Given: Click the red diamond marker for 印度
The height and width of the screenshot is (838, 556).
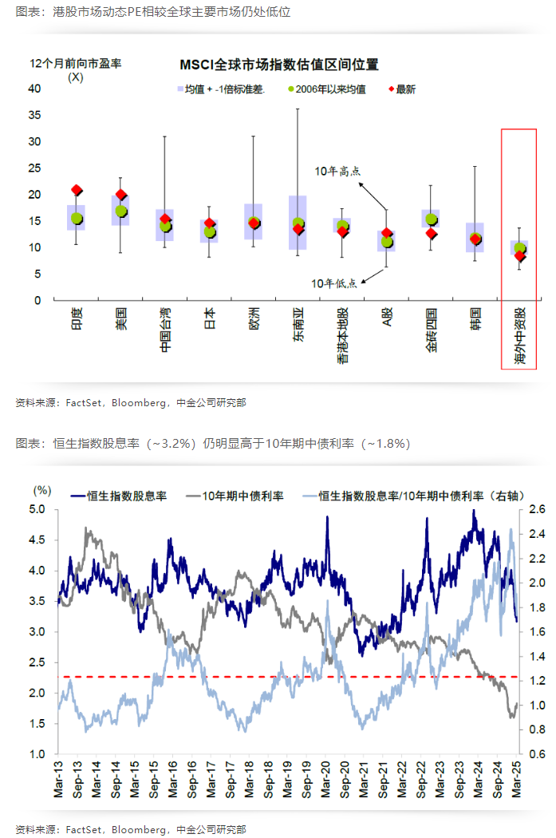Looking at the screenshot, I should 77,190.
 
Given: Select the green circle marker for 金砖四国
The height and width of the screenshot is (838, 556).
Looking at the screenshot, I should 432,219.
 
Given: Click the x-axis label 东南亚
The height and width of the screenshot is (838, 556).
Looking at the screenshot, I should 298,325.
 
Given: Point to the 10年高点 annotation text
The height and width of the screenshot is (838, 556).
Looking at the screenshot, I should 338,171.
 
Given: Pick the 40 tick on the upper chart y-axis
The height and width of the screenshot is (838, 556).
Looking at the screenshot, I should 35,89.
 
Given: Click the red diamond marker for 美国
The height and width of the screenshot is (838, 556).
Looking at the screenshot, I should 121,194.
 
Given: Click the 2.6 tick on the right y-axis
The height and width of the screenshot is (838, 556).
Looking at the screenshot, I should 536,509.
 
